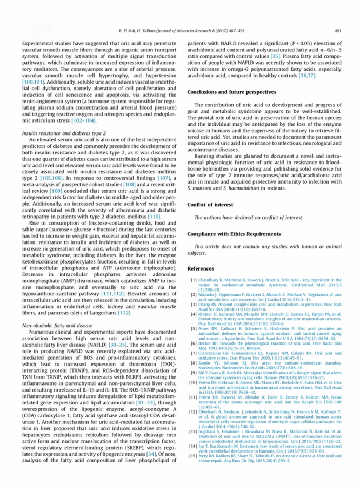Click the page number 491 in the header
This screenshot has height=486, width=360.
coord(338,31)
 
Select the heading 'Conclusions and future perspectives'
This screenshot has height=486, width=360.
coord(232,92)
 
